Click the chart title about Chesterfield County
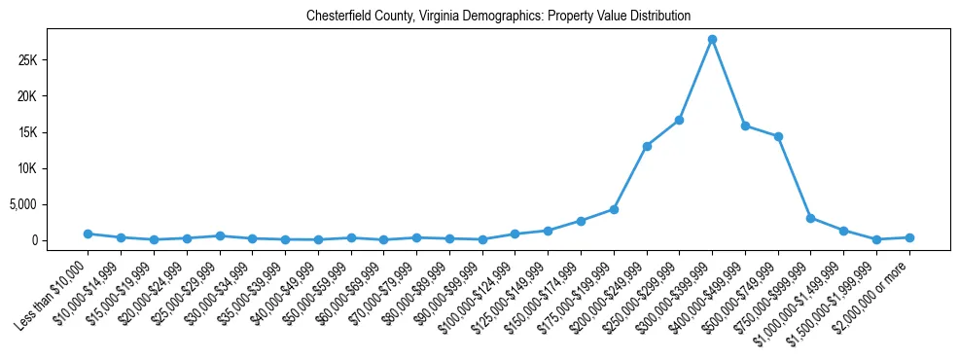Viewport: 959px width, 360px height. point(498,16)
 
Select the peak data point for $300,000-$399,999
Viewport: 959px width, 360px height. point(712,39)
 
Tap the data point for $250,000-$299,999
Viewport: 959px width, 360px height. point(679,120)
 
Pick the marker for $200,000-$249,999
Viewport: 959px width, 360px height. point(647,146)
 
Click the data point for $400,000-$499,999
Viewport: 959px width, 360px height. point(745,126)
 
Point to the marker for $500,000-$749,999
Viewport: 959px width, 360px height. point(778,136)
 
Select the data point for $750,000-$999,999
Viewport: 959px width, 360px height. point(811,218)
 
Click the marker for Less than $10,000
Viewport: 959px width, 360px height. point(88,234)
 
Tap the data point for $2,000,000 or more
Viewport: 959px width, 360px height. point(909,237)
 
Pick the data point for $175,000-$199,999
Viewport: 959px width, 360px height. point(614,209)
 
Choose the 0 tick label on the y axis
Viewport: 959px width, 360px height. point(60,240)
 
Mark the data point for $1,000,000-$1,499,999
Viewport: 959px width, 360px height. point(843,231)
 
